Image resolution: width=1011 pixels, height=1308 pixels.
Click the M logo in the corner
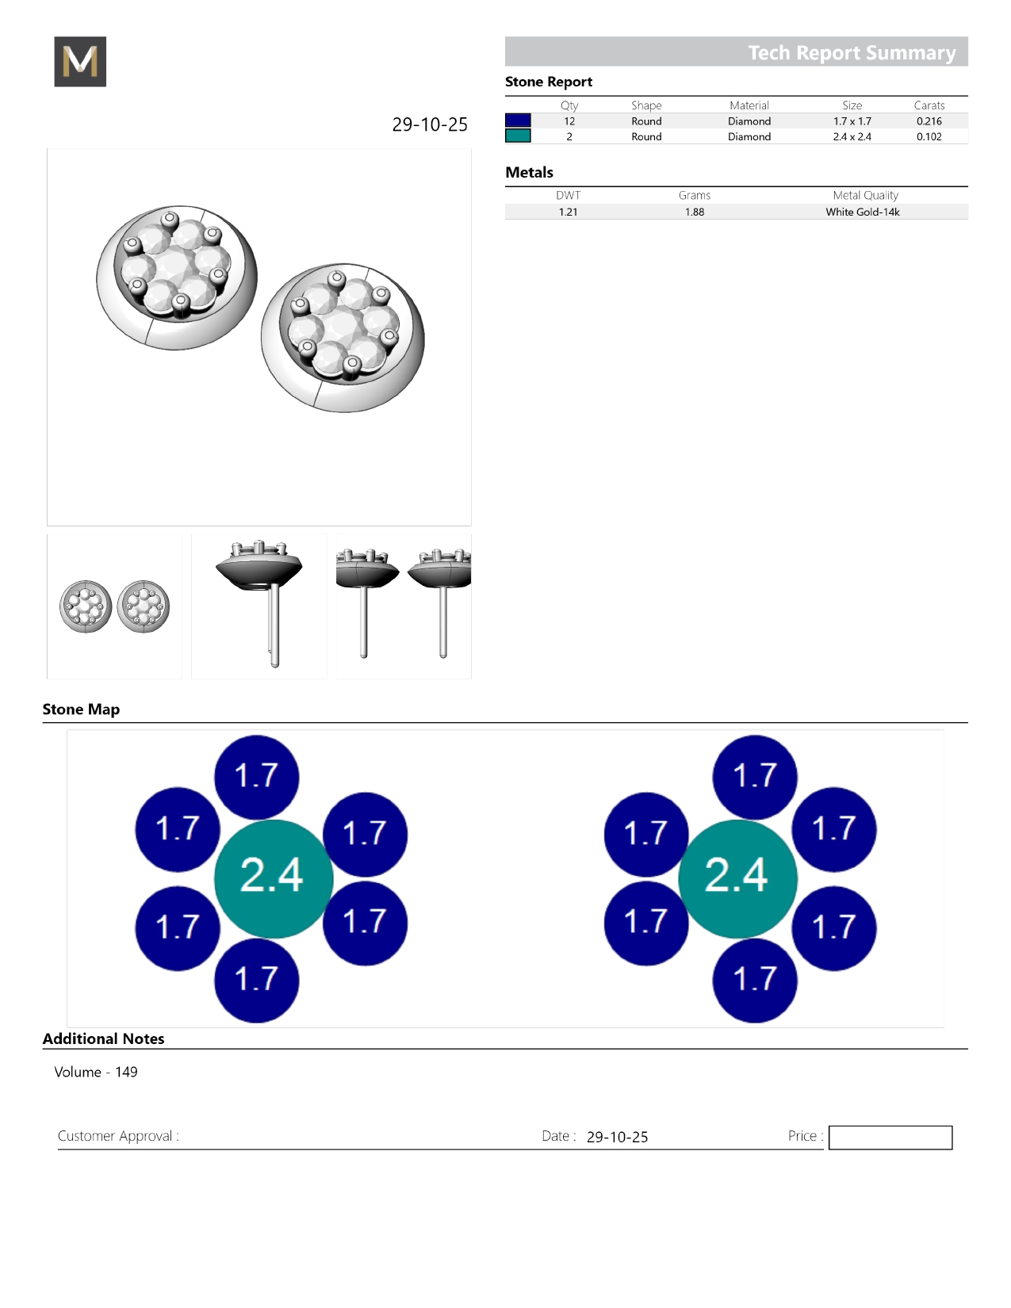click(x=80, y=61)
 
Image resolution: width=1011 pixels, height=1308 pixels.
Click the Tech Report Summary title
click(x=852, y=53)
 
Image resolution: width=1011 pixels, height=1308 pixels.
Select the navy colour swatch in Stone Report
click(x=518, y=120)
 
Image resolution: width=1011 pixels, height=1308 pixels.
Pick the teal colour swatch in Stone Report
click(x=518, y=136)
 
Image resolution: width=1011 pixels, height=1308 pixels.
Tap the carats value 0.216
click(x=929, y=121)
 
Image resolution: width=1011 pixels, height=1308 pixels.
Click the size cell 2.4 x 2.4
click(x=852, y=136)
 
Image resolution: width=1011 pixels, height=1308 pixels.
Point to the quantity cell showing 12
click(x=569, y=121)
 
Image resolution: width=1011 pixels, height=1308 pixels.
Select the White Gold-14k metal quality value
click(x=862, y=212)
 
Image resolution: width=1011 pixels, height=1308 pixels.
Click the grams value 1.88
click(x=695, y=212)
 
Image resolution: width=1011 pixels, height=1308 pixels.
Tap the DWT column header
click(x=568, y=195)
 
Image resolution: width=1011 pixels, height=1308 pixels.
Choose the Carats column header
click(x=929, y=105)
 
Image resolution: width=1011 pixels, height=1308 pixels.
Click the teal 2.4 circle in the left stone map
click(x=274, y=878)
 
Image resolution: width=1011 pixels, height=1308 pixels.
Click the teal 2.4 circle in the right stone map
click(x=737, y=878)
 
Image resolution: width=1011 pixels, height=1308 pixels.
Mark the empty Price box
click(x=890, y=1137)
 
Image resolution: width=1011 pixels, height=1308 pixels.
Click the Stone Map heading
click(x=82, y=709)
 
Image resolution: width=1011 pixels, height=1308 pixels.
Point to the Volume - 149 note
click(x=96, y=1072)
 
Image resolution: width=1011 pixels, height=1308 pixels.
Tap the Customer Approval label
click(x=118, y=1136)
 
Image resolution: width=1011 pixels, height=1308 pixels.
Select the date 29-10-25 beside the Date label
click(x=617, y=1137)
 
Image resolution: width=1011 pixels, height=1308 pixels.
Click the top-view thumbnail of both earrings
click(x=114, y=606)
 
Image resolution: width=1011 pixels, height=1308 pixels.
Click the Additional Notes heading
click(x=103, y=1038)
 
